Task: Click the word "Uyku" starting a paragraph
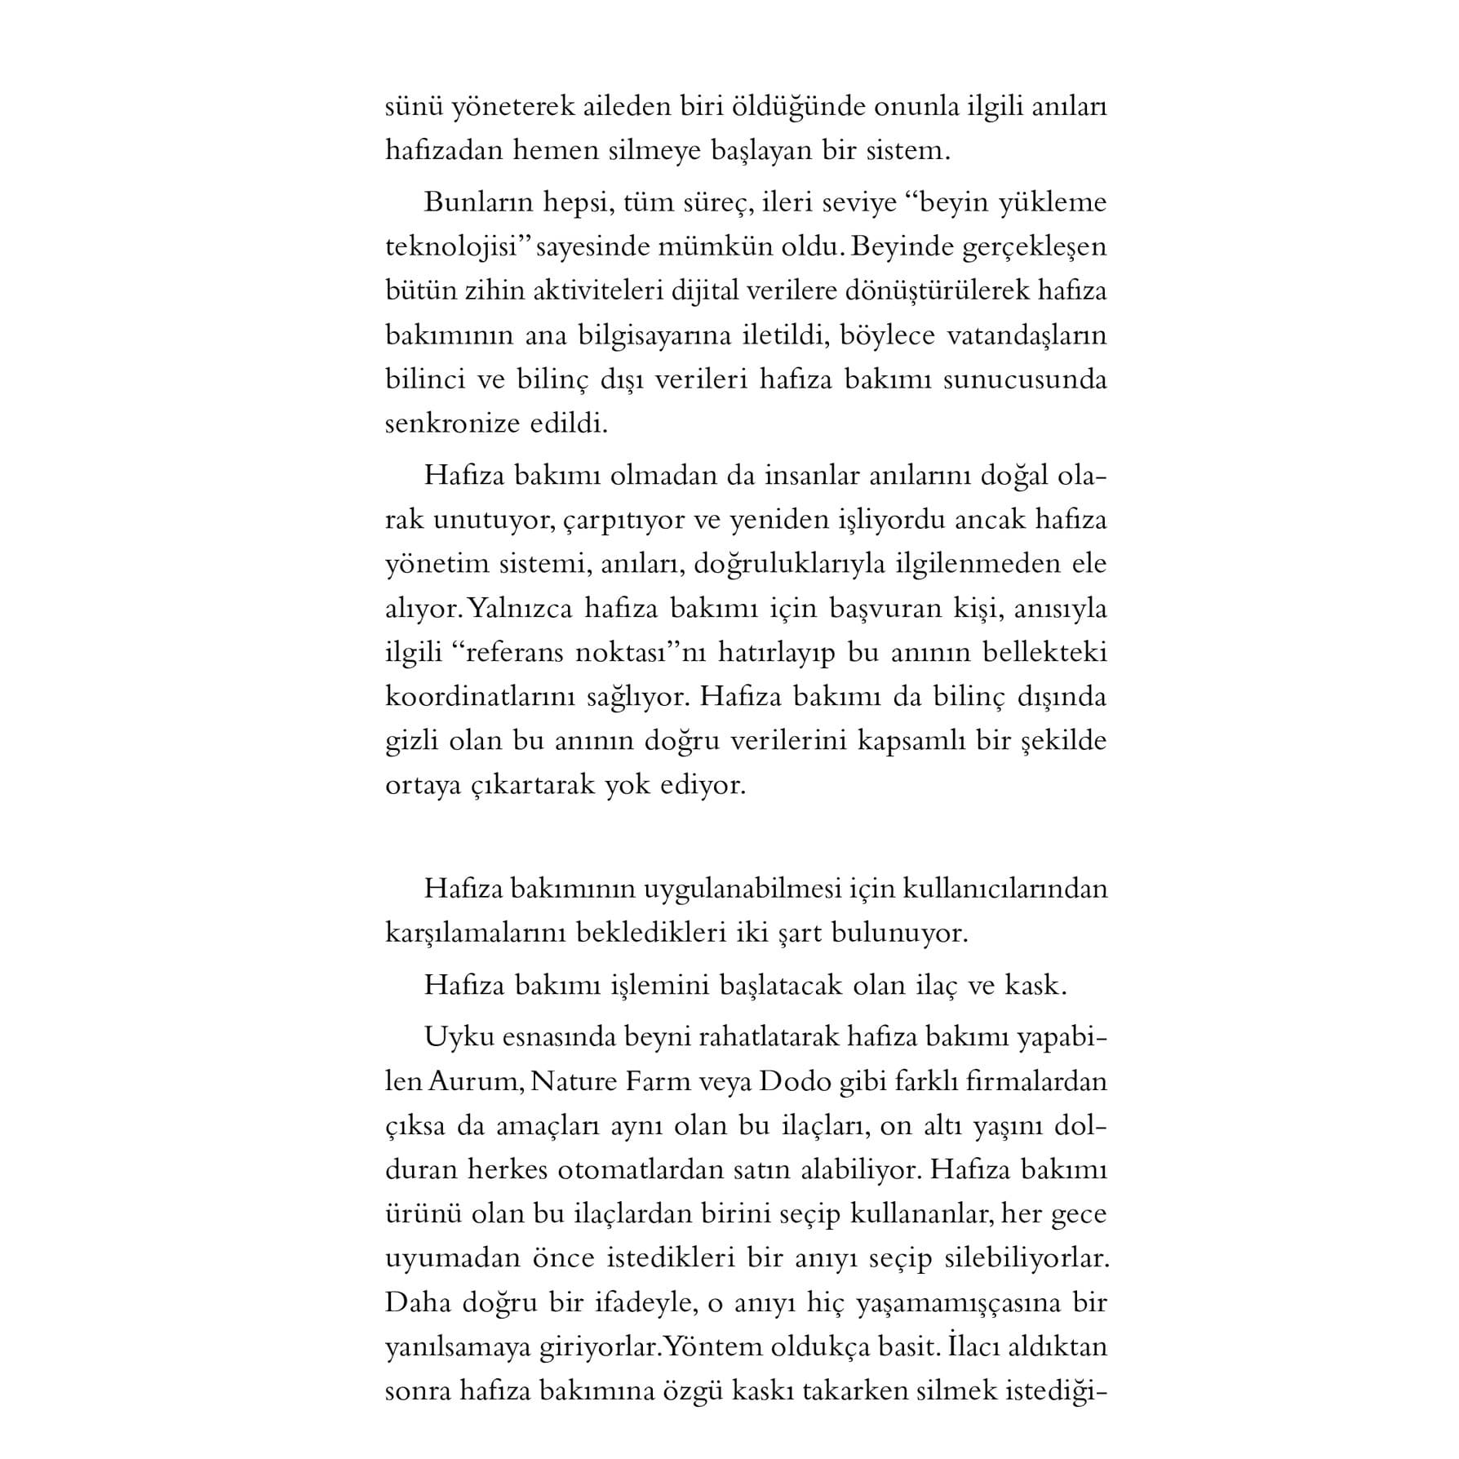point(450,1038)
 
